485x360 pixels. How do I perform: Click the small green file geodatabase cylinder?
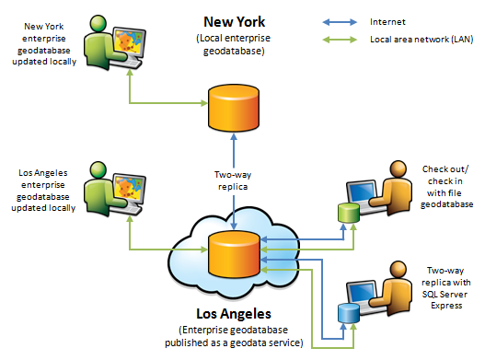pos(348,212)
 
